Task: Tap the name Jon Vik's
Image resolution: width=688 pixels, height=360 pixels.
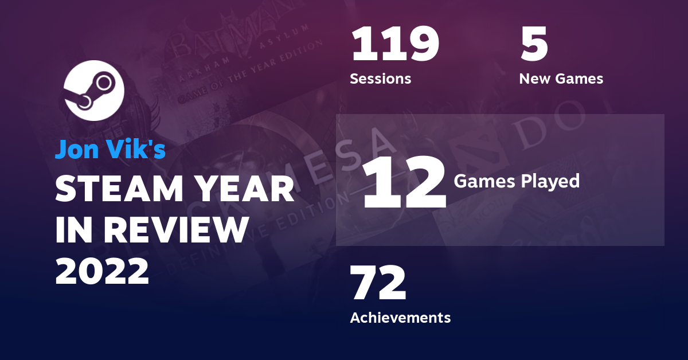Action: tap(110, 149)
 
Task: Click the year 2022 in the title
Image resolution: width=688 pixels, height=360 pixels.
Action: tap(101, 270)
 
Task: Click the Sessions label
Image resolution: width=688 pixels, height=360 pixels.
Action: tap(380, 79)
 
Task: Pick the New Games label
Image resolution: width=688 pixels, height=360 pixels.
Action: tap(561, 79)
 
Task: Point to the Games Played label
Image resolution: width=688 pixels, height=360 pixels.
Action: tap(516, 181)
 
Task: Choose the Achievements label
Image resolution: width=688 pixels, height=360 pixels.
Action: tap(400, 317)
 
